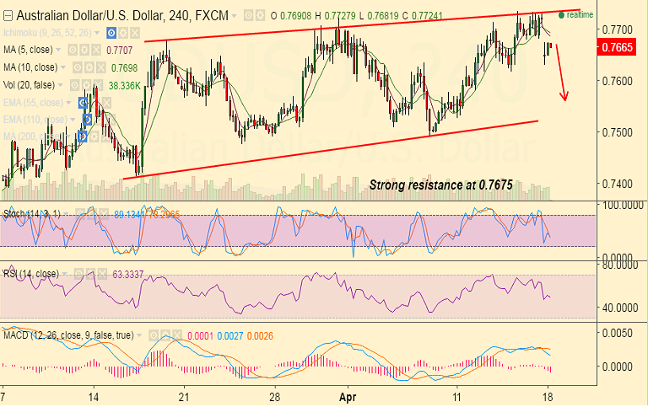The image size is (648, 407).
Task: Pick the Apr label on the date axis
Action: tap(347, 395)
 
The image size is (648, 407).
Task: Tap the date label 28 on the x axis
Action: tap(274, 395)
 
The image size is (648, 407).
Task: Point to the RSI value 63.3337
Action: tap(129, 274)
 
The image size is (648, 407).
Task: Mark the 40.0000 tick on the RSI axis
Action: tap(619, 308)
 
